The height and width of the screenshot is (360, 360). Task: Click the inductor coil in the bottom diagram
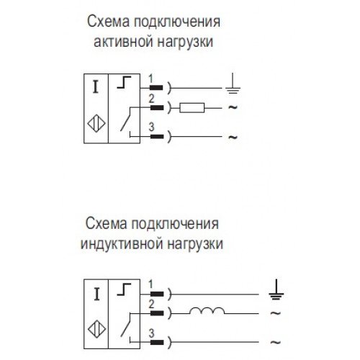coord(207,310)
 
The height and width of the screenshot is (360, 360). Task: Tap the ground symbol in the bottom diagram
coord(276,289)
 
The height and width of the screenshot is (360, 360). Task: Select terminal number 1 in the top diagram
coord(150,78)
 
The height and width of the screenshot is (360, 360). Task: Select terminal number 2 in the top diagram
coord(151,99)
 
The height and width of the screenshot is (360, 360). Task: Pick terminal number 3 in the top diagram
coord(151,127)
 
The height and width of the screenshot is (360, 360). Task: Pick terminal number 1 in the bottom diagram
coord(150,284)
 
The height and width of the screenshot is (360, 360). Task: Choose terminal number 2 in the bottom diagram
coord(151,305)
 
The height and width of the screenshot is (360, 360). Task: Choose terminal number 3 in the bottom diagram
coord(151,333)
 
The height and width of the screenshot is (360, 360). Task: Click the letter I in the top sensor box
coord(96,87)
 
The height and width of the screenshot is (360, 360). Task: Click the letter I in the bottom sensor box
coord(96,294)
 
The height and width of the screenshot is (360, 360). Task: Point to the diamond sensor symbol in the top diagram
coord(96,124)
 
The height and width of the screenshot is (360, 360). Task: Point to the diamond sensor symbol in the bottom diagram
coord(96,329)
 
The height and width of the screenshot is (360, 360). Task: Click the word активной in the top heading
coord(122,42)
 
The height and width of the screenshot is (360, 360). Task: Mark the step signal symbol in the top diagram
coord(124,82)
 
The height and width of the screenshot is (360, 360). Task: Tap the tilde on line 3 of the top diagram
coord(233,137)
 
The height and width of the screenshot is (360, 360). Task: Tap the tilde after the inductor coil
coord(276,313)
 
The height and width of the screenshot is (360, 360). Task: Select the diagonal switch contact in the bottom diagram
coord(125,325)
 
